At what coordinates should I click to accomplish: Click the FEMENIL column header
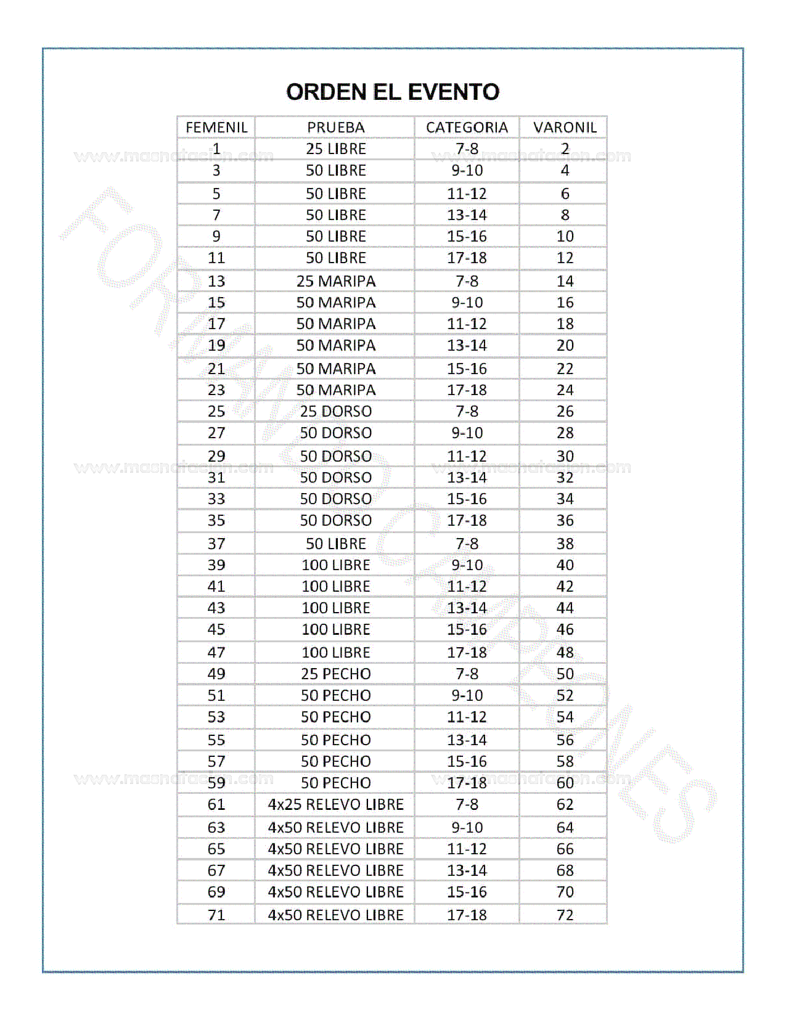coord(216,128)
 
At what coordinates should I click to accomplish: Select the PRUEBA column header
coord(335,128)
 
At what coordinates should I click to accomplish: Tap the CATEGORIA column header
coord(467,128)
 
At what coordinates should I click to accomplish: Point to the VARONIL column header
coord(565,128)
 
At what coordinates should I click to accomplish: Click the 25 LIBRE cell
coord(335,149)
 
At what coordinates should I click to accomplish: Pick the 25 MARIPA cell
coord(335,281)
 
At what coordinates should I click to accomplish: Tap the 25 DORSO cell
coord(335,411)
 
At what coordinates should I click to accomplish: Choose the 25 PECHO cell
coord(335,674)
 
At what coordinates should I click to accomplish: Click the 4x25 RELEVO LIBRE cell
coord(335,804)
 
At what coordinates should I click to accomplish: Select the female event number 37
coord(216,544)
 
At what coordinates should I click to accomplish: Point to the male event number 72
coord(565,915)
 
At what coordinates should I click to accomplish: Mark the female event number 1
coord(216,149)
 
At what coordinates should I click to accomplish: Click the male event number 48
coord(565,652)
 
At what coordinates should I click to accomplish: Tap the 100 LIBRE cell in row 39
coord(335,565)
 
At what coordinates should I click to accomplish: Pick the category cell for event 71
coord(467,915)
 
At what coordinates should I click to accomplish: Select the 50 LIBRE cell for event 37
coord(335,544)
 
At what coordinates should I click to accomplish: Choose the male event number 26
coord(565,411)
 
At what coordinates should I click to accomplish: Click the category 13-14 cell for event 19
coord(467,345)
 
